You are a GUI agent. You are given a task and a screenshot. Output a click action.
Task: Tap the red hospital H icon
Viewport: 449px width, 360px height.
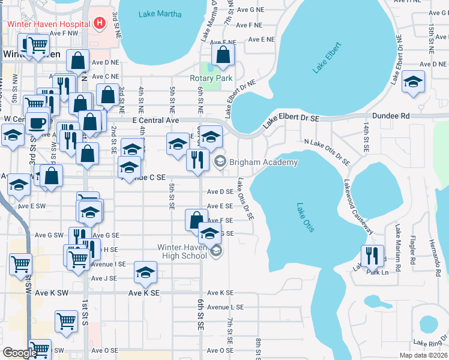click(x=100, y=24)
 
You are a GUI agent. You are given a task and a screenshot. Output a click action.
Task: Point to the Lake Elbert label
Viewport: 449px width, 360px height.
click(x=327, y=58)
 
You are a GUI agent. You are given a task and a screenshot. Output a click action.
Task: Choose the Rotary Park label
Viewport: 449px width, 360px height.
click(x=211, y=78)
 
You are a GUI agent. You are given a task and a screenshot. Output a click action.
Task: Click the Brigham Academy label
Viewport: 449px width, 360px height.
click(x=263, y=162)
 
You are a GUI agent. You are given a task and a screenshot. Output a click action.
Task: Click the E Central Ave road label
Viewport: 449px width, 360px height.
click(x=156, y=121)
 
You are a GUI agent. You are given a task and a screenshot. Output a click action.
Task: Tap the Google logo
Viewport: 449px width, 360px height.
click(x=20, y=353)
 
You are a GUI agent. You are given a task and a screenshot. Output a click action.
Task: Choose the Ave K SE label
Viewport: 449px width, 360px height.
click(x=144, y=293)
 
